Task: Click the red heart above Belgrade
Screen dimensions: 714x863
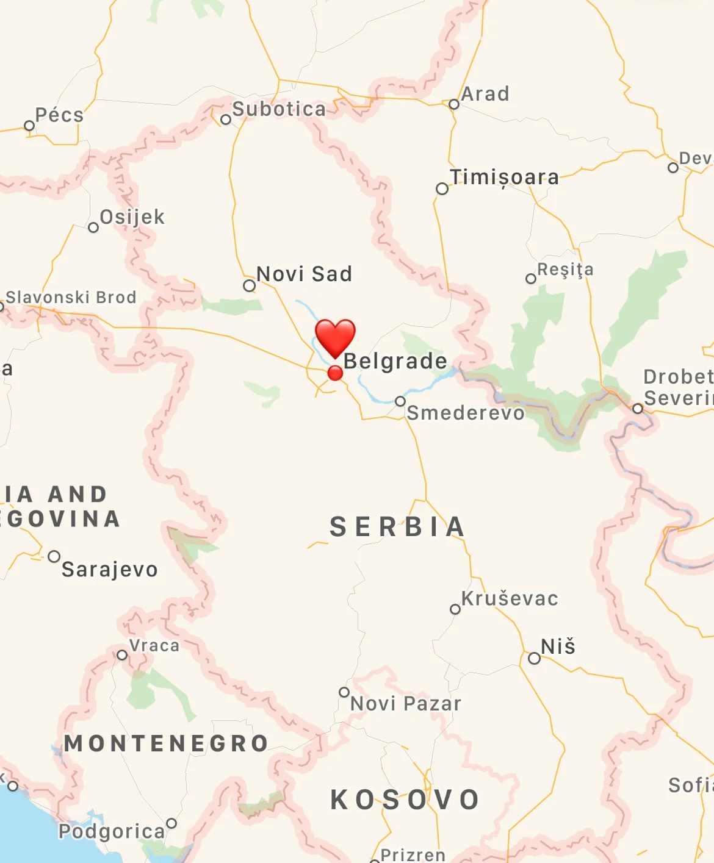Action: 335,337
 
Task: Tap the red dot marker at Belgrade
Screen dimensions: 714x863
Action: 335,373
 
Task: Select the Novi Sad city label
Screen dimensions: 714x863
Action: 304,274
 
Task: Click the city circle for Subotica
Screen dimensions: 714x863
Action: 226,120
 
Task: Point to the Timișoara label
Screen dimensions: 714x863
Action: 504,177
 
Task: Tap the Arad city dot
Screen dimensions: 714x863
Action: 453,104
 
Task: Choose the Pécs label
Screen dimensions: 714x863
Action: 59,115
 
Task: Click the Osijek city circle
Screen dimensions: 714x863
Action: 93,227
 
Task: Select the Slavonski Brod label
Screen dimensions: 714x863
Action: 71,297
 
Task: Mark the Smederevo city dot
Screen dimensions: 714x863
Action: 400,401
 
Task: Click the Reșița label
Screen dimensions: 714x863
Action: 565,270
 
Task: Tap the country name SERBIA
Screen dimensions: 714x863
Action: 397,527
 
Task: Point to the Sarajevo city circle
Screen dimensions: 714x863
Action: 54,556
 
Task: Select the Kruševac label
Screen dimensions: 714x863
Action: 510,598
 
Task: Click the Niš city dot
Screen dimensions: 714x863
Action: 534,658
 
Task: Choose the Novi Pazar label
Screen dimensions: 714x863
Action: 406,703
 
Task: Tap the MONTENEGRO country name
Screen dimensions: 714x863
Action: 167,743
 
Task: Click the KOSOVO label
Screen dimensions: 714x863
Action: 405,800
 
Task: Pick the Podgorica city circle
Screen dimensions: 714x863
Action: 171,823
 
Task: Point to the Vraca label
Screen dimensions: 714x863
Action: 154,645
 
